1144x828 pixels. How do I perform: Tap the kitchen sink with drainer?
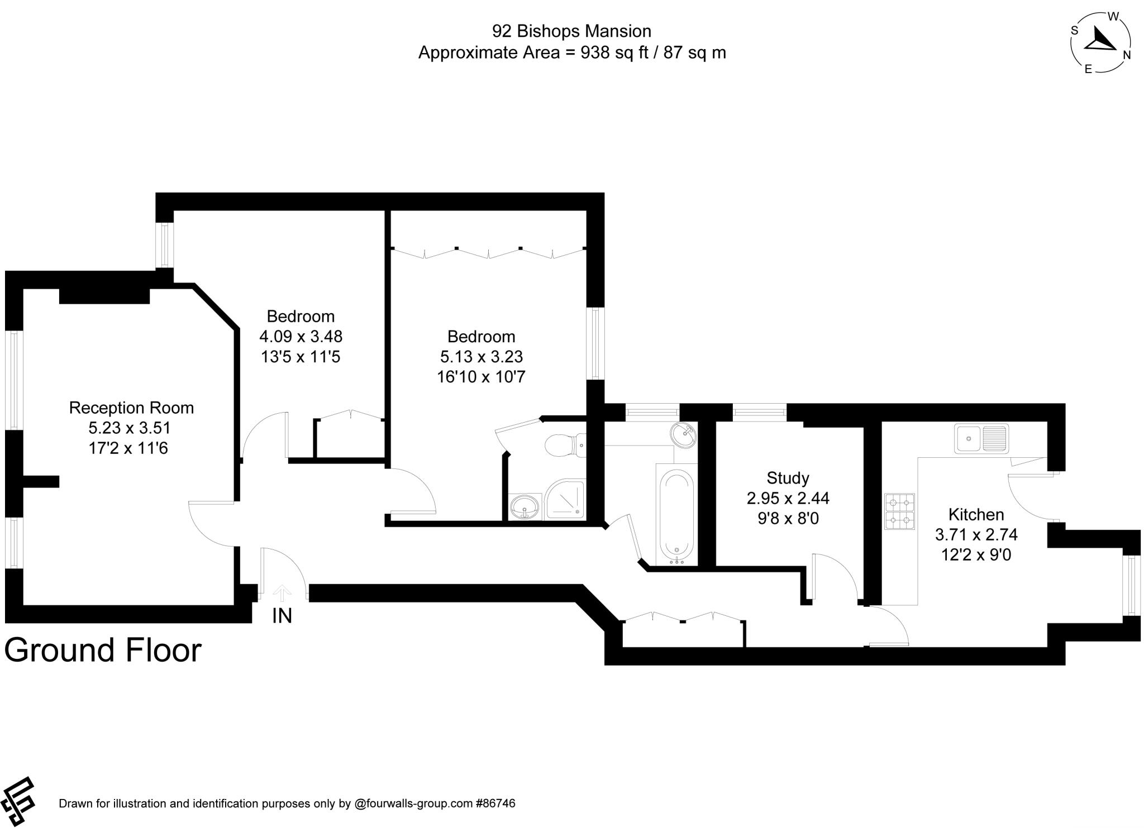click(981, 438)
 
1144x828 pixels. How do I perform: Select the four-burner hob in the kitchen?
click(899, 511)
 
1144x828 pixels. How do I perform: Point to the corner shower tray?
click(565, 499)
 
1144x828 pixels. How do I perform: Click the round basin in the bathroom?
click(684, 434)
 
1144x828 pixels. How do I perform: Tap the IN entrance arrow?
click(283, 592)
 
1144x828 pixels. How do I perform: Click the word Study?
click(788, 478)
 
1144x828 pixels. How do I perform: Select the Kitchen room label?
click(976, 514)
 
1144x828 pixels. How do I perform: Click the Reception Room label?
click(131, 408)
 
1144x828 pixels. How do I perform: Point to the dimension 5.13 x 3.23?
click(481, 357)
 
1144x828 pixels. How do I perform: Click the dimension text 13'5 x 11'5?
click(301, 357)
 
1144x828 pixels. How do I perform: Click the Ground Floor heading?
click(103, 650)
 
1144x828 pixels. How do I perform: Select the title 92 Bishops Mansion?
click(571, 31)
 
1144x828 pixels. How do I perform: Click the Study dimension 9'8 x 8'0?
click(788, 519)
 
